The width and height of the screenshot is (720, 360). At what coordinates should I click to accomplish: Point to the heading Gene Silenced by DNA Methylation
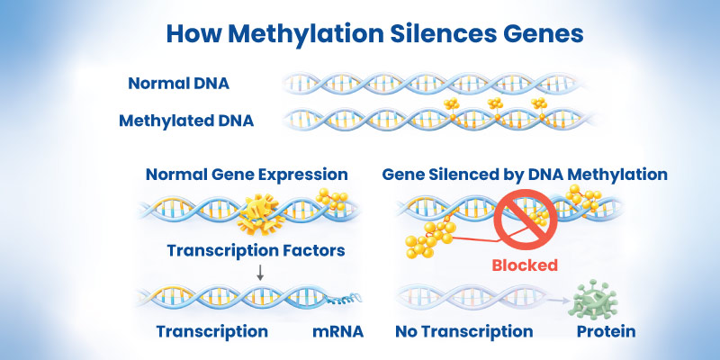click(525, 174)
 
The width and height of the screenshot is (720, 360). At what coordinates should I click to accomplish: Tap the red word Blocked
click(524, 265)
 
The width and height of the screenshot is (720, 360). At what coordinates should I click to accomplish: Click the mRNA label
click(337, 331)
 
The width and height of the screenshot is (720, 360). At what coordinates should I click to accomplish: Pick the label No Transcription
click(463, 331)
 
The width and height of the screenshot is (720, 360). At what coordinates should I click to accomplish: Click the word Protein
click(607, 331)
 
